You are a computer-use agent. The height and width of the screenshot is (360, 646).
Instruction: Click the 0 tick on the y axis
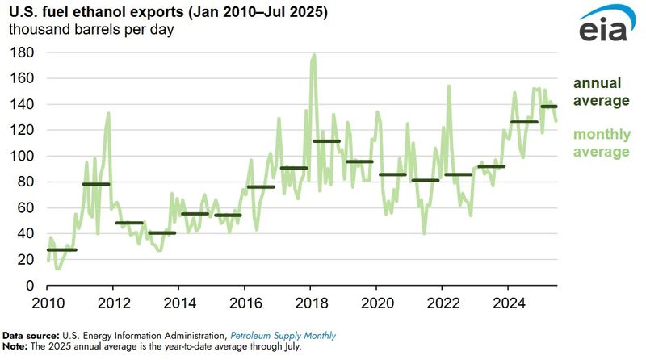(x=29, y=286)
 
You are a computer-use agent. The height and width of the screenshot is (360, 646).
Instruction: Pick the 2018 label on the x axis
(x=309, y=303)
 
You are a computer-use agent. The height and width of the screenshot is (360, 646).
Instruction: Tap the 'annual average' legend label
(x=601, y=92)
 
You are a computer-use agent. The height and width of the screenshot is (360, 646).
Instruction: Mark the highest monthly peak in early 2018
(x=313, y=55)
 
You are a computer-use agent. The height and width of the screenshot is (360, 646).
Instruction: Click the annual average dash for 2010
(x=62, y=249)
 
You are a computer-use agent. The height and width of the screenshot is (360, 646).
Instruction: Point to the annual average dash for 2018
(x=326, y=141)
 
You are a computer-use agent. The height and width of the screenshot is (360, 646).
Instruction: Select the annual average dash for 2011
(x=96, y=184)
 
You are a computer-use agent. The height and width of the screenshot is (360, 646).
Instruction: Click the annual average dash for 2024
(x=523, y=122)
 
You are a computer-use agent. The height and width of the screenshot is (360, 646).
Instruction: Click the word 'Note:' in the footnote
(x=15, y=346)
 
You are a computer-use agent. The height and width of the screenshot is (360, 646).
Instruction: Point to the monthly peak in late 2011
(x=108, y=113)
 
